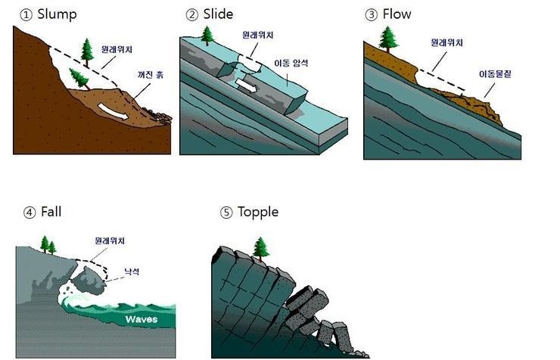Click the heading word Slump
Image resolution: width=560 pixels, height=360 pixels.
[x=57, y=14]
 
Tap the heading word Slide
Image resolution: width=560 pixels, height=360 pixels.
[x=218, y=14]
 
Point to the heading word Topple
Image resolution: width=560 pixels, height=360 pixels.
[x=258, y=212]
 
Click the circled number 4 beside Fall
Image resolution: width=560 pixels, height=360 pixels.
[x=30, y=212]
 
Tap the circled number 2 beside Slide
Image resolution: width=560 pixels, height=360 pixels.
[x=191, y=14]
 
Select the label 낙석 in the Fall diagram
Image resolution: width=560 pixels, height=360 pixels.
[x=130, y=272]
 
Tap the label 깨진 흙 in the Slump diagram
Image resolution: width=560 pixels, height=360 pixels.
[x=150, y=76]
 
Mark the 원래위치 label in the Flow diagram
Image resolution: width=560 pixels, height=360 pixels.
[x=446, y=43]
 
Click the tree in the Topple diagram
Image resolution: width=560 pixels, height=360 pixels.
[x=262, y=247]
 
